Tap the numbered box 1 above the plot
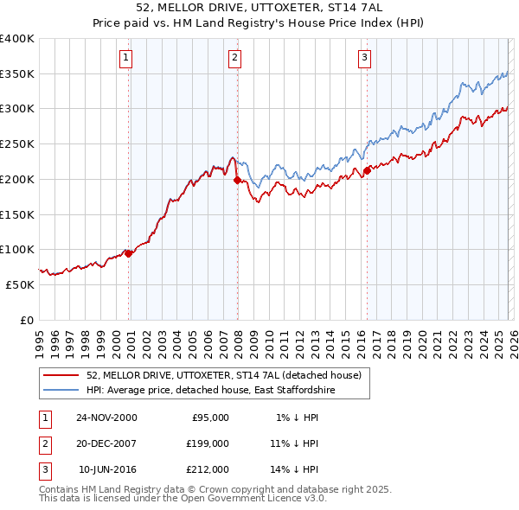pos(126,58)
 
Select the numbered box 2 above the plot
pos(234,58)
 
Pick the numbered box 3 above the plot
pos(364,58)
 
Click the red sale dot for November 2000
pos(129,253)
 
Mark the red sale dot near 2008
pos(237,180)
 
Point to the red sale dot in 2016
pos(367,170)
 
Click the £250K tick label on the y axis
pos(17,144)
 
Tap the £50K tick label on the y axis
pos(20,284)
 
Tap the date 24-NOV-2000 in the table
pos(106,418)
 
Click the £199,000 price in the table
pos(208,443)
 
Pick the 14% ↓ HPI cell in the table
pos(295,469)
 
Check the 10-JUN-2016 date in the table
pos(107,469)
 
